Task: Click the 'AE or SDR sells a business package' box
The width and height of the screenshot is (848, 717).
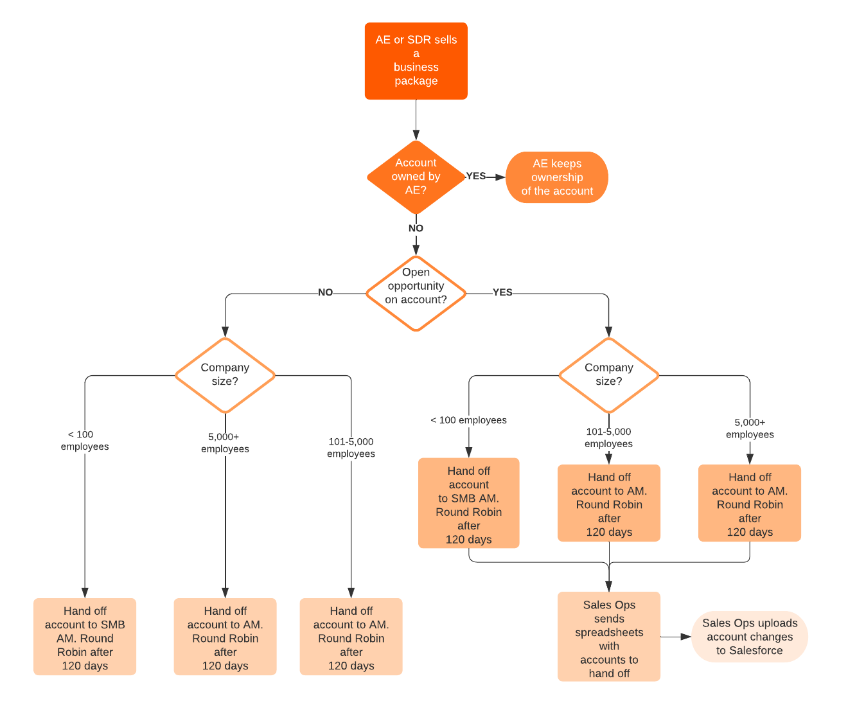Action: point(416,60)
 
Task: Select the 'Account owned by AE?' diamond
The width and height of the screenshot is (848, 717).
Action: point(416,177)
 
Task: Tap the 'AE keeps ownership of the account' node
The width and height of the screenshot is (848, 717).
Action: point(556,177)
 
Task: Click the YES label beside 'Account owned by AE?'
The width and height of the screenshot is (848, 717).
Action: point(476,176)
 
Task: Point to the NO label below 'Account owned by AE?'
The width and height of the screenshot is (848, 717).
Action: point(416,228)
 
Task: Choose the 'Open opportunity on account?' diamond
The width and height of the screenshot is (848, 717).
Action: point(416,293)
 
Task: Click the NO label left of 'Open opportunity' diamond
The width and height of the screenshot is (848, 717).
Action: point(325,292)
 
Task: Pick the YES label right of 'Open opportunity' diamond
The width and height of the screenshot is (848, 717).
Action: point(502,292)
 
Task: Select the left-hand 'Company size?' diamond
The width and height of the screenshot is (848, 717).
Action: point(225,375)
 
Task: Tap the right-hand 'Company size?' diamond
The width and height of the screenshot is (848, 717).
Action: point(608,375)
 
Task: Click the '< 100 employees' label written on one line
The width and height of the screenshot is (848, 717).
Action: point(468,420)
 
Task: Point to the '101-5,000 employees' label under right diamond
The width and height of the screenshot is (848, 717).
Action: point(608,438)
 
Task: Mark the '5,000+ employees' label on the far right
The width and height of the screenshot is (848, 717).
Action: point(750,429)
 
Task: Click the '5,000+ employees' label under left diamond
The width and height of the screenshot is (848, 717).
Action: point(225,443)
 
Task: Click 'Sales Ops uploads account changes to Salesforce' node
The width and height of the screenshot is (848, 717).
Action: point(749,637)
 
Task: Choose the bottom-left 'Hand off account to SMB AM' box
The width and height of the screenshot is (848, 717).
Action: point(85,637)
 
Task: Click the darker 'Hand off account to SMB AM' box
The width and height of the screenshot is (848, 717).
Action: point(468,503)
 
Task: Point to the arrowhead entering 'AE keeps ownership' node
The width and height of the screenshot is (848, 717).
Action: point(500,177)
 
